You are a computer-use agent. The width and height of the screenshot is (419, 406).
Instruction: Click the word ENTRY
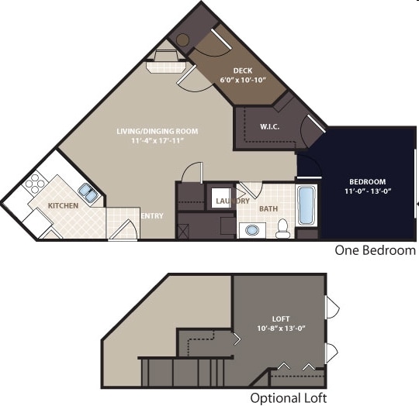152,215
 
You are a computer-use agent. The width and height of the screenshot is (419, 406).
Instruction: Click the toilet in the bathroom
283,227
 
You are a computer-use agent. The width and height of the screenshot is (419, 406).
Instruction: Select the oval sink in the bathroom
251,229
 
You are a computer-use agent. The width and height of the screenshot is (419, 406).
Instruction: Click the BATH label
268,208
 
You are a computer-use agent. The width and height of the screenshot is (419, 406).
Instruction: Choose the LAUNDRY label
232,201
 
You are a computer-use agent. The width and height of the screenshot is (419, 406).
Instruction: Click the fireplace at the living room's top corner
165,60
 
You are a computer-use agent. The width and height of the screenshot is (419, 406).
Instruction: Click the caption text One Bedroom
375,250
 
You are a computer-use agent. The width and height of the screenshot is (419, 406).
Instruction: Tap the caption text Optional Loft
288,397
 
